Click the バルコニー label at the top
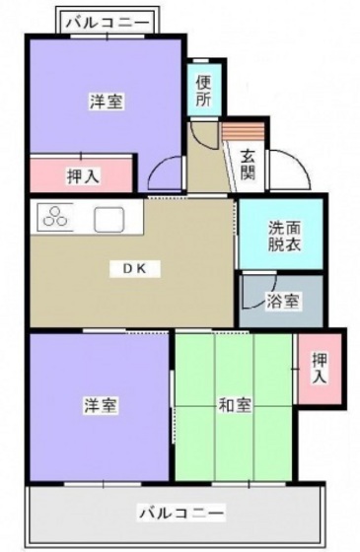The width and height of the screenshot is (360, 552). tap(108, 21)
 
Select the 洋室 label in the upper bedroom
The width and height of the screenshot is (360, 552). tap(106, 102)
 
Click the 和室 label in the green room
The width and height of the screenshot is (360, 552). tap(235, 405)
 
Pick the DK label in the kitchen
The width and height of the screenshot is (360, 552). tap(134, 268)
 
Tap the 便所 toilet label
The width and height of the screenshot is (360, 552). tap(203, 90)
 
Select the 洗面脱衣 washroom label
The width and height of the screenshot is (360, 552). tap(281, 236)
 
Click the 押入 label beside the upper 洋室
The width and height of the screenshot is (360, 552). tap(81, 177)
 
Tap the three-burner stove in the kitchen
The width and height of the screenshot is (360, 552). tap(56, 218)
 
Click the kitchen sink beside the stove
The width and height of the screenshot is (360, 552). tap(107, 218)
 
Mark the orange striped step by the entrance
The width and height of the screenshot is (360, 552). tap(244, 130)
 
